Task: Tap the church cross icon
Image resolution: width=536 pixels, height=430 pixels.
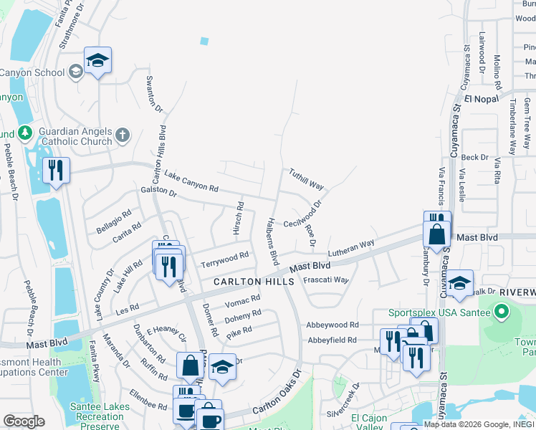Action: (x=123, y=134)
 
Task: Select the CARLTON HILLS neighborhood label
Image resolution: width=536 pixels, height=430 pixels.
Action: (x=254, y=282)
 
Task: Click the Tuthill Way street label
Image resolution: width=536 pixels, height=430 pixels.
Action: (x=307, y=178)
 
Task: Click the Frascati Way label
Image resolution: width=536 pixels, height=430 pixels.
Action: (x=326, y=280)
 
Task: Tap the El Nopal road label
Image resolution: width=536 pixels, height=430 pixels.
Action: (x=480, y=99)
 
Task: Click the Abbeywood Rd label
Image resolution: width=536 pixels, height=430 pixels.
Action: (x=331, y=325)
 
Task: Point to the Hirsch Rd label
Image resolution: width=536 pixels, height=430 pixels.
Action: (x=239, y=216)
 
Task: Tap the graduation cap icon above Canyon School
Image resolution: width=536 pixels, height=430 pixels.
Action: (x=97, y=60)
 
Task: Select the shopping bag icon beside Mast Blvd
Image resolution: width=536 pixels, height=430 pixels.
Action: (x=436, y=234)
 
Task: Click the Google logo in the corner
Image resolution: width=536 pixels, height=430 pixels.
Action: (x=24, y=421)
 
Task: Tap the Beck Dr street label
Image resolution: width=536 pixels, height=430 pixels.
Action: (x=474, y=157)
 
